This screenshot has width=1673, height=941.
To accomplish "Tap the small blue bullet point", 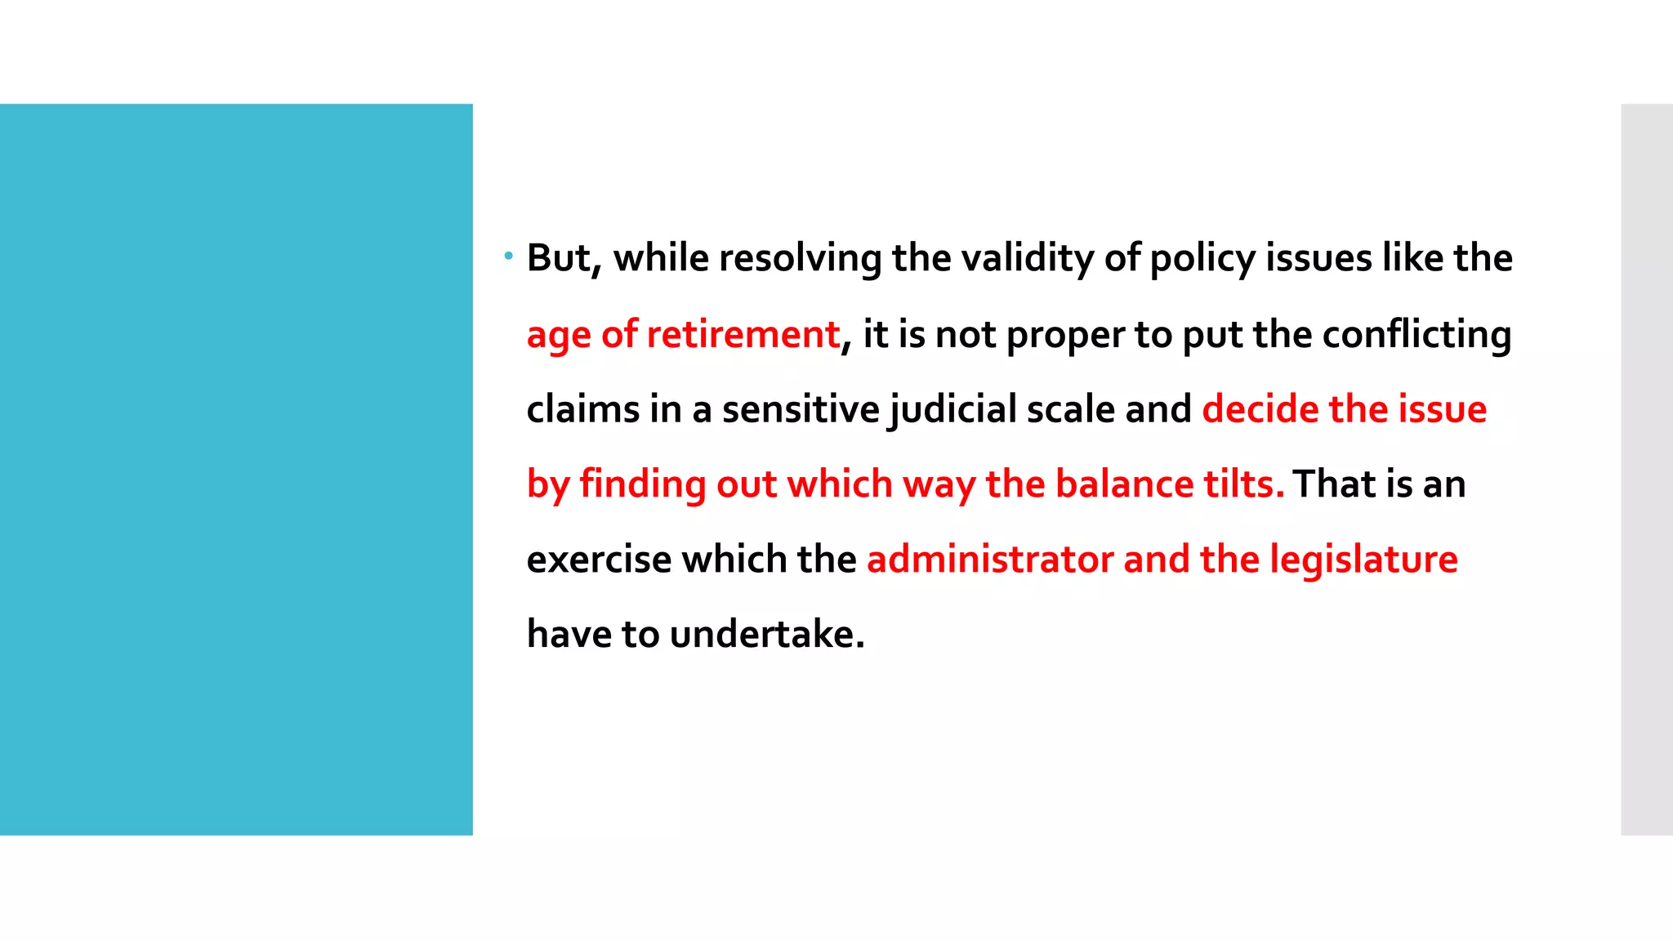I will coord(508,256).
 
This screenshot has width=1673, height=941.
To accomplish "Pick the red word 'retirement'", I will coord(743,334).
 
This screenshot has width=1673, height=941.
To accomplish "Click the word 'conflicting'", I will coord(1416,335).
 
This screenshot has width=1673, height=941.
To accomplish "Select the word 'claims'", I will coord(582,409).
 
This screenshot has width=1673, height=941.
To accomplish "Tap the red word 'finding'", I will coord(643,484).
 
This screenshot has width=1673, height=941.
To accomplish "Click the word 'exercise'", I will coord(599,560).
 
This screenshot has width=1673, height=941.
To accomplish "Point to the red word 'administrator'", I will coord(990,560).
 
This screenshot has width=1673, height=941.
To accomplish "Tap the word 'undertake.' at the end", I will coord(766,634).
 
